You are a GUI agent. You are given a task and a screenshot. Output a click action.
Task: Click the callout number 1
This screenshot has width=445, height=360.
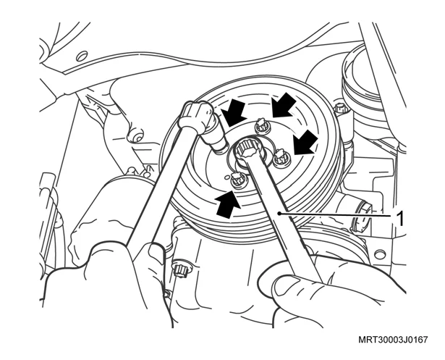399,219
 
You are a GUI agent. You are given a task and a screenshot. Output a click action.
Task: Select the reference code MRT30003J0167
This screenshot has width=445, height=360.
393,340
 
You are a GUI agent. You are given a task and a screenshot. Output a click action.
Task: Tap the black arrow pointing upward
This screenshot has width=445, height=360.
227,204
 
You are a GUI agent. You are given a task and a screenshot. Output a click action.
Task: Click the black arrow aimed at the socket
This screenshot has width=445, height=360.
234,114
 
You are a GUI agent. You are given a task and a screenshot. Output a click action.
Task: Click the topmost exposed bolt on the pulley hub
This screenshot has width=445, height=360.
262,126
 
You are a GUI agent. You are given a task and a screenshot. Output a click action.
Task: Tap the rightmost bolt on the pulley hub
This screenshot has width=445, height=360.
281,158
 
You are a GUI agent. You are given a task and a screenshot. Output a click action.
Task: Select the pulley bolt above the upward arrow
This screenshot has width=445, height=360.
238,181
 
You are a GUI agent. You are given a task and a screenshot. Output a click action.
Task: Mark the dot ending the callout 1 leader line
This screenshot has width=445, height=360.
279,213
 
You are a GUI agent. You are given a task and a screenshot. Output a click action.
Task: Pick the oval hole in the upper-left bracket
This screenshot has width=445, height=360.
82,56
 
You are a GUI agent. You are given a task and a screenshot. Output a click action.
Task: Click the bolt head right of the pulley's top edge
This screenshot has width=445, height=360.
341,109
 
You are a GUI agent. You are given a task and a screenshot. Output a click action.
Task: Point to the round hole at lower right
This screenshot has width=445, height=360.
381,254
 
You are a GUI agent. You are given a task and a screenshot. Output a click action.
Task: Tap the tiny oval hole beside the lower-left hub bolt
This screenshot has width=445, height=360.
226,178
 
